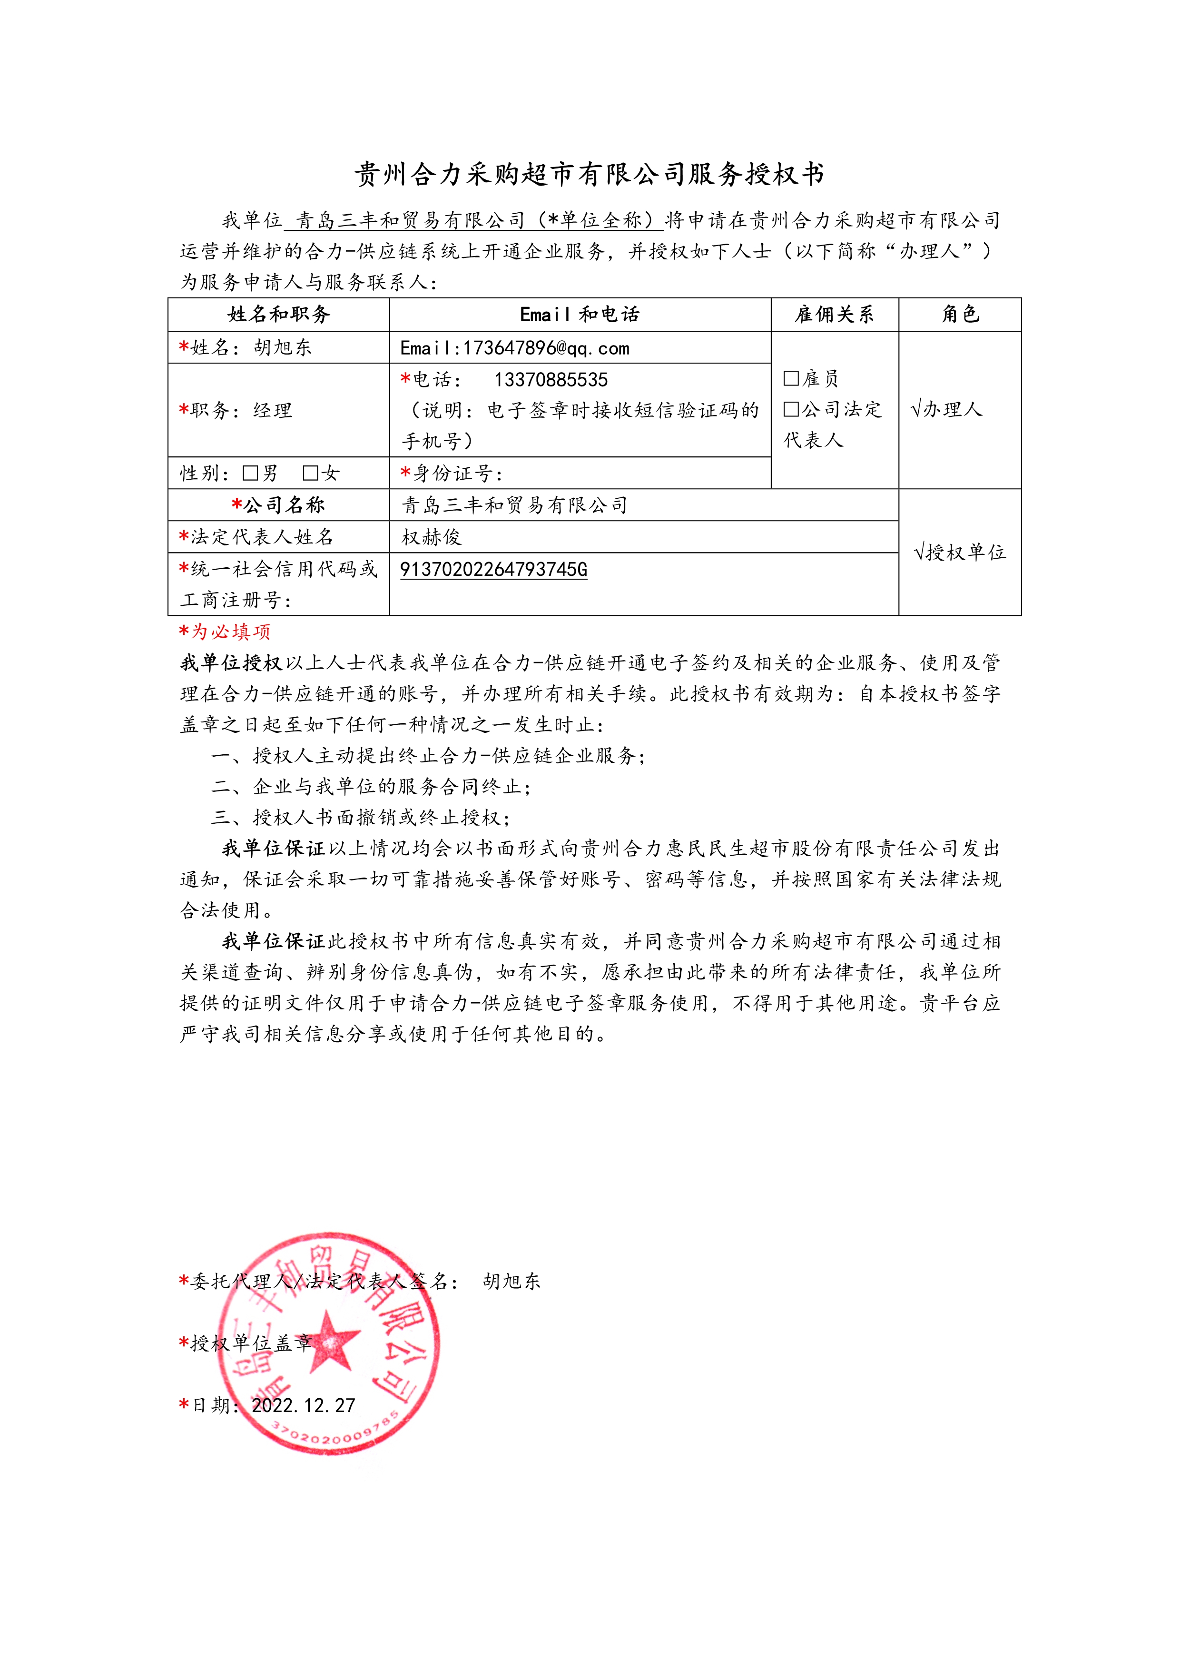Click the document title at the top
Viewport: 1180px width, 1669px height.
[x=589, y=175]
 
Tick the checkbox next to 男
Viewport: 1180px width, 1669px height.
[x=251, y=473]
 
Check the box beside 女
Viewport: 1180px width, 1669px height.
[x=310, y=473]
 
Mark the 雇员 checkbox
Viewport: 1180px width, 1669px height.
[x=791, y=378]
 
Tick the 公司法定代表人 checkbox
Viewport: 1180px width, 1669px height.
[x=791, y=409]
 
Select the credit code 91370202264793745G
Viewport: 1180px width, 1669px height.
[x=493, y=569]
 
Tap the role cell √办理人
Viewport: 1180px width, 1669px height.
[x=946, y=409]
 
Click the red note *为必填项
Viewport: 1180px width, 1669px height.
[x=225, y=631]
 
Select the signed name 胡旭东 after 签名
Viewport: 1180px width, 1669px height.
[x=511, y=1281]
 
